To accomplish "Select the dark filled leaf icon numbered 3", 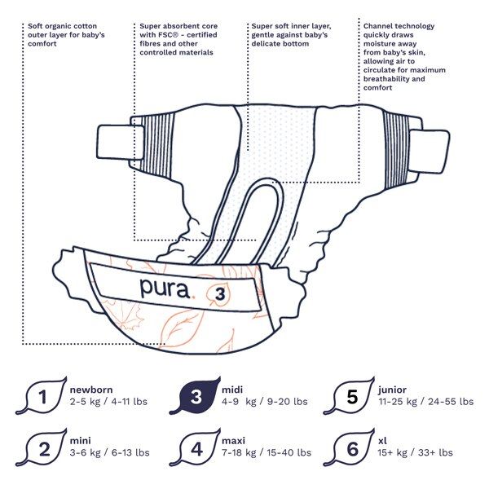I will (196, 397).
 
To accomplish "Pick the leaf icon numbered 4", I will (196, 447).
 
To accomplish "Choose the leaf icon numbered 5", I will (351, 397).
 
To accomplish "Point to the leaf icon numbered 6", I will (351, 447).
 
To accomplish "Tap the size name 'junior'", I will (392, 390).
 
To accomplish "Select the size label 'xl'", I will (382, 440).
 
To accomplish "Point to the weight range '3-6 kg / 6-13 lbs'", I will (109, 452).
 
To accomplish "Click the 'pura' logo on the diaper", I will (166, 288).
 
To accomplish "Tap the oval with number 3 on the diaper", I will (221, 293).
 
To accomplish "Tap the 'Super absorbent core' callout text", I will (179, 38).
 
